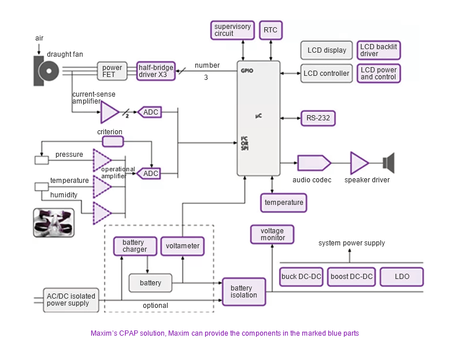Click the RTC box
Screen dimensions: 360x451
point(271,30)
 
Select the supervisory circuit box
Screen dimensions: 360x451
point(232,30)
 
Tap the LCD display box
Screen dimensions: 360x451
point(327,50)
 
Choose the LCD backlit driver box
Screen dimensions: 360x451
point(379,50)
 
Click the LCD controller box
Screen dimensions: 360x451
point(327,74)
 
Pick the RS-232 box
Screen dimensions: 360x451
point(318,118)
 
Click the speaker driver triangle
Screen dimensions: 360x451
point(358,163)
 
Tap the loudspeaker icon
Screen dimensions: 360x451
point(388,163)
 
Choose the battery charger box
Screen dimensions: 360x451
point(135,246)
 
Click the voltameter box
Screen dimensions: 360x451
point(183,246)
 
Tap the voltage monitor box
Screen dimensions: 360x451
point(272,234)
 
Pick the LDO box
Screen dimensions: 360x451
point(402,277)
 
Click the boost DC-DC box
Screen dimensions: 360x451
point(352,277)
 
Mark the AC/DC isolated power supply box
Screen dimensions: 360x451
point(70,300)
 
